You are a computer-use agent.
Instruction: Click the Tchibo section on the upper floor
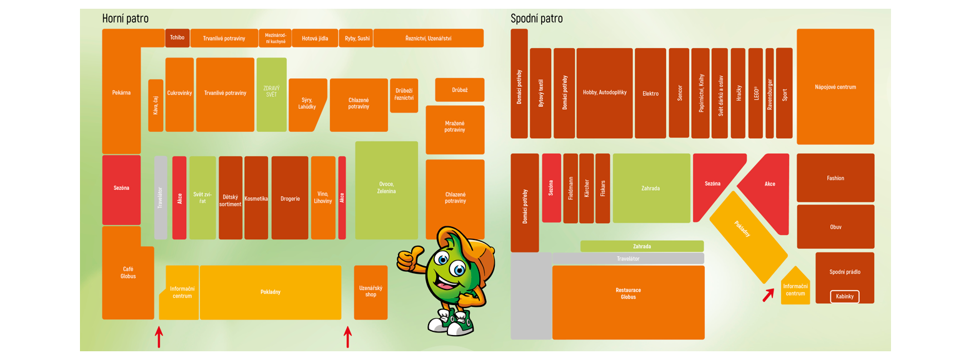click(x=177, y=38)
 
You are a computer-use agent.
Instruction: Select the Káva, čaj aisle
click(x=156, y=105)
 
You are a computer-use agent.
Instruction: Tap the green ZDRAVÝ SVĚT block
click(x=271, y=94)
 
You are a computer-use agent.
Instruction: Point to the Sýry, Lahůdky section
click(x=307, y=104)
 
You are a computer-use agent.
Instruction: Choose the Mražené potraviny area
click(x=455, y=129)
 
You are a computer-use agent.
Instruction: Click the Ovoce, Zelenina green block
click(x=386, y=190)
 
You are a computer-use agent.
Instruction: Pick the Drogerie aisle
click(x=290, y=198)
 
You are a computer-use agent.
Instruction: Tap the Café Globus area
click(x=127, y=273)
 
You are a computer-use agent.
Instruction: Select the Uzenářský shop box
click(x=371, y=291)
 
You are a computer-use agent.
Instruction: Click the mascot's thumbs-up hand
click(x=410, y=256)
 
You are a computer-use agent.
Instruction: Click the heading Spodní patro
click(x=536, y=19)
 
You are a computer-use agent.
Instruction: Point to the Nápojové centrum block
click(x=835, y=87)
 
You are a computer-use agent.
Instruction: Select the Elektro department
click(x=650, y=93)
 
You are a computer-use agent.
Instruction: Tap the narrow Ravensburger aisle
click(x=769, y=93)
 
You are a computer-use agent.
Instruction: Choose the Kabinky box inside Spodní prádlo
click(x=844, y=296)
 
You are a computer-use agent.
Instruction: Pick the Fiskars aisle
click(x=602, y=188)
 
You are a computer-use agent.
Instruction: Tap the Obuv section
click(x=835, y=227)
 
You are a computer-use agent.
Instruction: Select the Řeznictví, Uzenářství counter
click(x=428, y=38)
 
